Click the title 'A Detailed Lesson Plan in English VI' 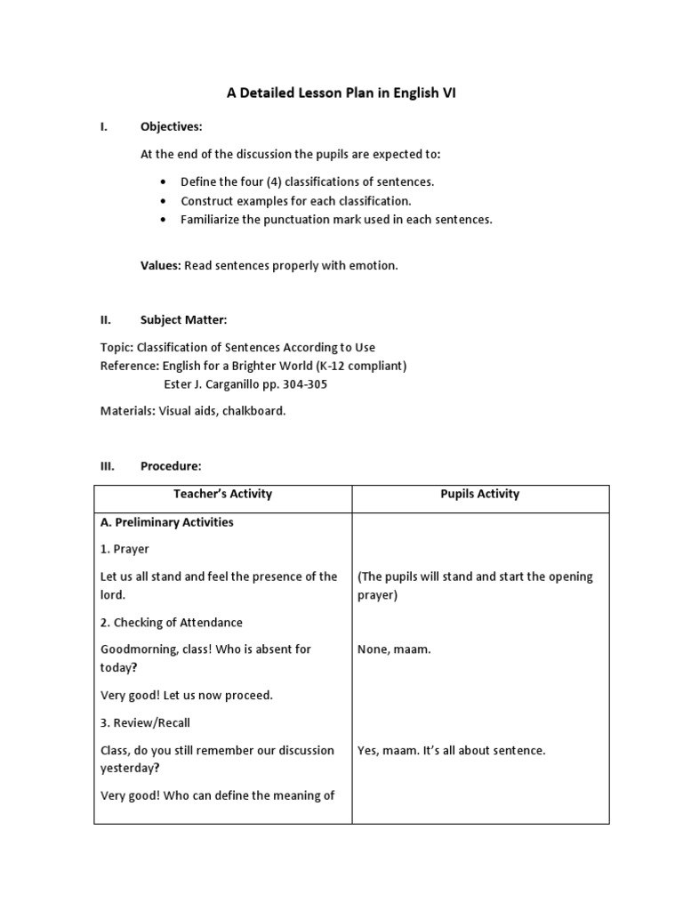[341, 93]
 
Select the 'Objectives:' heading [172, 126]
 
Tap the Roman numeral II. [103, 319]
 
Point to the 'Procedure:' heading [171, 465]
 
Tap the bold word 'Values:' [161, 266]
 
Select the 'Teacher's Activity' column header [222, 494]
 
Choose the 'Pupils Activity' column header [480, 494]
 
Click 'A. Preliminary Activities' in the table [167, 522]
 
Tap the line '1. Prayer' [125, 549]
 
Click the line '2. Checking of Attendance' [172, 622]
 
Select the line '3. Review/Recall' [146, 722]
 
